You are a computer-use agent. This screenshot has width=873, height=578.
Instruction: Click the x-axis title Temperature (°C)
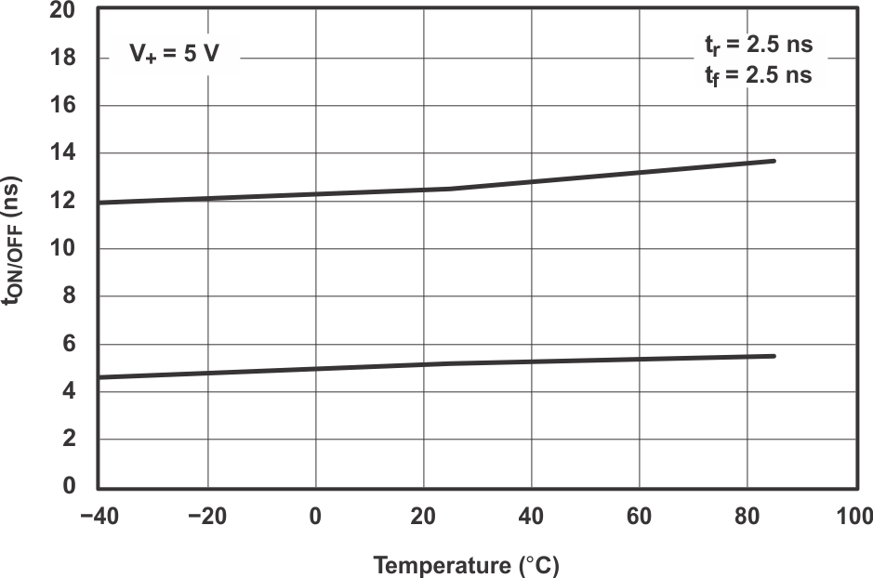[x=467, y=564]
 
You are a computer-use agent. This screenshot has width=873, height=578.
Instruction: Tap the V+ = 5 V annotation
[x=173, y=55]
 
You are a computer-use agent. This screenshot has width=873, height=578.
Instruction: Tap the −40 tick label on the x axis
[x=99, y=516]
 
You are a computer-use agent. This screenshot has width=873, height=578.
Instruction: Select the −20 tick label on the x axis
[x=206, y=516]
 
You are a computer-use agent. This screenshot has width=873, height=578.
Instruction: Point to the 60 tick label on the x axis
[x=639, y=516]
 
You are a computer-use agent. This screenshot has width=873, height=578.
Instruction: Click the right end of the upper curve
[x=774, y=161]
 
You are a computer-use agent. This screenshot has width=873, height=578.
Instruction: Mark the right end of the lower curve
[x=774, y=356]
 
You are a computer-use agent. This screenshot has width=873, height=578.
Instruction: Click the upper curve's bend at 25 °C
[x=450, y=189]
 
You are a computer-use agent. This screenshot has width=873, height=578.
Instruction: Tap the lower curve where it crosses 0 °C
[x=315, y=369]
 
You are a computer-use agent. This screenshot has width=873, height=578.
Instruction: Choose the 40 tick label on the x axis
[x=531, y=516]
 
